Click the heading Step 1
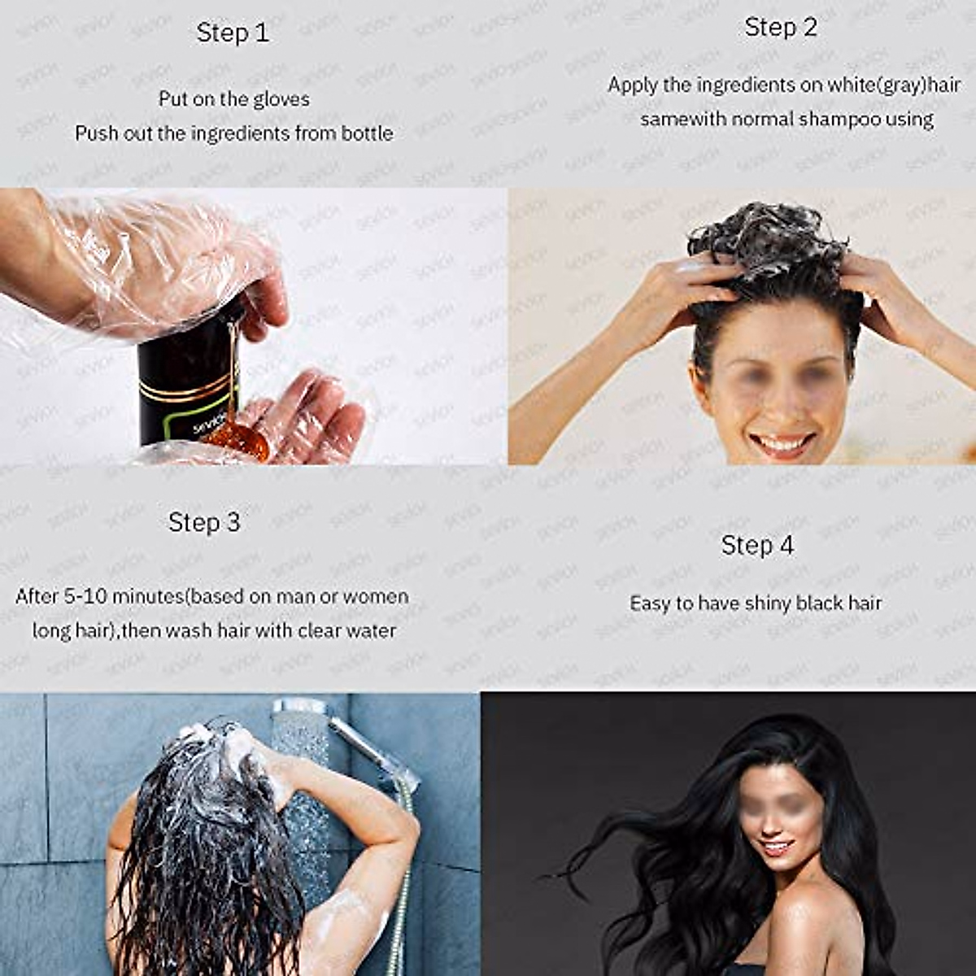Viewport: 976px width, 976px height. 232,33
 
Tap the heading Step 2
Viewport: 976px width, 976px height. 780,27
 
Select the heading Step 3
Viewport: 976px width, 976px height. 204,522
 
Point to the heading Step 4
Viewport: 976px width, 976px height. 757,545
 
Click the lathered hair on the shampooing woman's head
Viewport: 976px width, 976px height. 769,244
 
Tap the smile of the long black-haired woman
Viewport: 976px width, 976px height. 778,847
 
